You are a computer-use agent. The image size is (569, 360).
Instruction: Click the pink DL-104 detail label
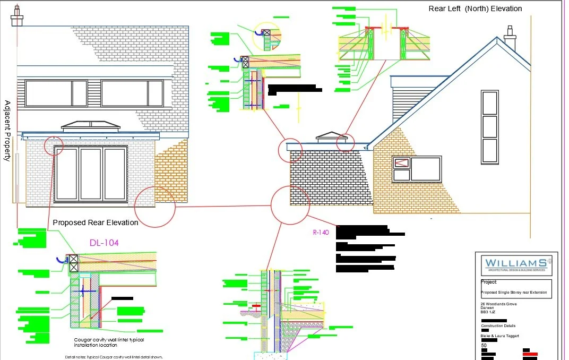pyautogui.click(x=104, y=243)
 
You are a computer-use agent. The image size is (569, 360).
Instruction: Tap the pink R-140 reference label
pyautogui.click(x=321, y=232)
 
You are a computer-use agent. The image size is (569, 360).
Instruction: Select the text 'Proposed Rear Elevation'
pyautogui.click(x=96, y=222)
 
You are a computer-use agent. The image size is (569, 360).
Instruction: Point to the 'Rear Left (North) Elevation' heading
pyautogui.click(x=475, y=8)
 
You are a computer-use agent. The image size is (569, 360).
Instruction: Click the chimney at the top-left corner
pyautogui.click(x=16, y=16)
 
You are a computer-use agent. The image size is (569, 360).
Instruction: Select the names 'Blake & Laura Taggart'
pyautogui.click(x=500, y=336)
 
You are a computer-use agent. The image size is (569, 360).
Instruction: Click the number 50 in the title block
pyautogui.click(x=484, y=345)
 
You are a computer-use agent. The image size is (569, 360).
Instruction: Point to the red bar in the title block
pyautogui.click(x=530, y=354)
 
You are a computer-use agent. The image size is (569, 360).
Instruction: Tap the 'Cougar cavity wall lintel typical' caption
pyautogui.click(x=109, y=340)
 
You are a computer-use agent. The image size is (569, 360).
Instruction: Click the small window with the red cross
pyautogui.click(x=402, y=162)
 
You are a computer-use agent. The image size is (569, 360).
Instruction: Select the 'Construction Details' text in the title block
pyautogui.click(x=498, y=326)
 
